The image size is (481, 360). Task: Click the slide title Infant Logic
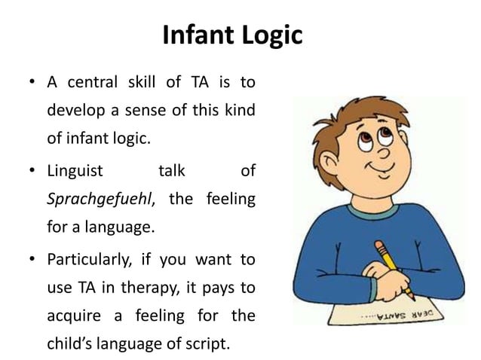[232, 35]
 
